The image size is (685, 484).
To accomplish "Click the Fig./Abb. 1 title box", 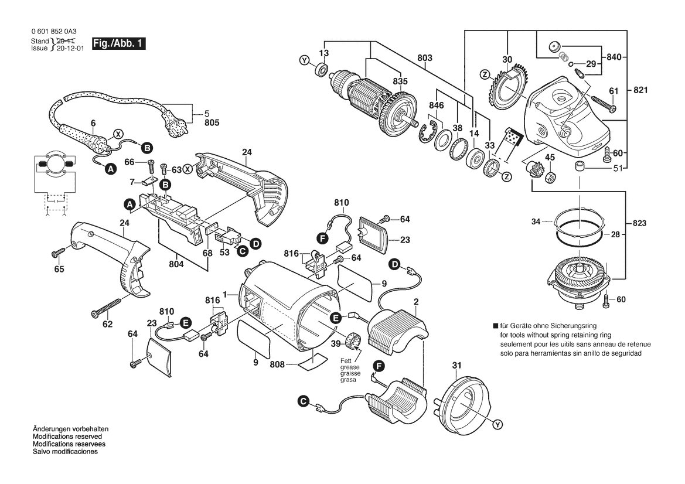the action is (118, 44).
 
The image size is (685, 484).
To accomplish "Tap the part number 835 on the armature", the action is (400, 81).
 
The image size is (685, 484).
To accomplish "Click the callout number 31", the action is (457, 365).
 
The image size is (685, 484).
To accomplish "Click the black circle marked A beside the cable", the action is (111, 169).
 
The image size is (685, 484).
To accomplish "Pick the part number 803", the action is (425, 57).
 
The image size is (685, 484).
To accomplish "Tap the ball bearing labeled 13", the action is (322, 70).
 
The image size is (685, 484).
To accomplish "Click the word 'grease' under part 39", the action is (350, 367).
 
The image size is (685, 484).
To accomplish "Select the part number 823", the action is (639, 223).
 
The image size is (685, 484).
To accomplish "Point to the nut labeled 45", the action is (551, 176).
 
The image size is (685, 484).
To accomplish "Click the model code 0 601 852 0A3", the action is (54, 32).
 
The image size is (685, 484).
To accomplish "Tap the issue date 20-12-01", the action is (70, 49).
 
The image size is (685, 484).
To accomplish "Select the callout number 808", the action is (277, 364).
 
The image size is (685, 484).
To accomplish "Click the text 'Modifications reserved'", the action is (67, 437).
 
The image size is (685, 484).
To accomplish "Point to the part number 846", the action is (436, 105).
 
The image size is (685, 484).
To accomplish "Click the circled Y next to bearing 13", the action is (304, 61).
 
